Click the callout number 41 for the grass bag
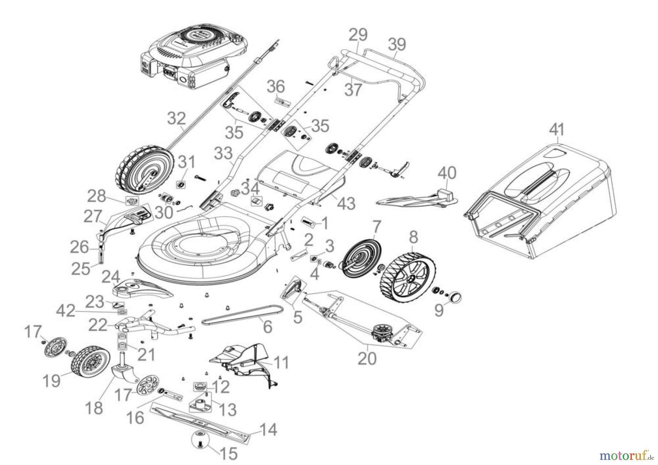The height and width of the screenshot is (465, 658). point(557,129)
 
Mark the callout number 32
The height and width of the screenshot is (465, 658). point(177,119)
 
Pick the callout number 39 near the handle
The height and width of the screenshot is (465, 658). point(397,45)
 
